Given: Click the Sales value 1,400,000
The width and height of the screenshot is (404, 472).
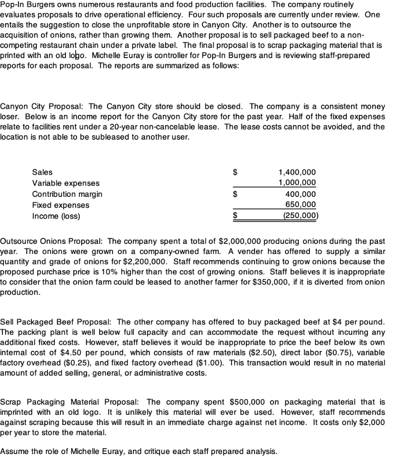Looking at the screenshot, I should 297,172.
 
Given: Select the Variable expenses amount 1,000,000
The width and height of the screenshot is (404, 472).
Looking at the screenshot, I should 297,183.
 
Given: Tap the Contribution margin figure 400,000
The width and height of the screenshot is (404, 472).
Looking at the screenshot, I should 302,194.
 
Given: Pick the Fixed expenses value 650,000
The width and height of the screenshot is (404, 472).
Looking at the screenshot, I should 302,205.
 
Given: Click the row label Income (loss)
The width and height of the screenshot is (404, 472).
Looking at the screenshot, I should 56,216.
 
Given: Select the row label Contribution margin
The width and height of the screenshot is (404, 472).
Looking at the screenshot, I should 67,194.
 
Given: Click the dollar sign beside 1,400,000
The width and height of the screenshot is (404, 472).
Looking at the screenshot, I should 236,172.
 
